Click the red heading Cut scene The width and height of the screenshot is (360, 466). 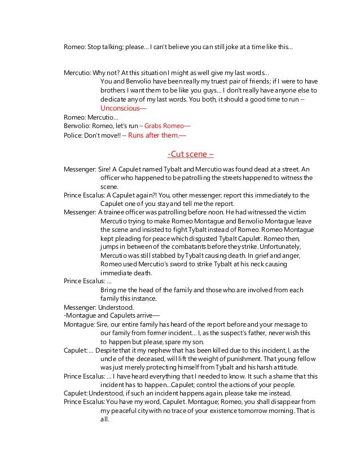point(191,155)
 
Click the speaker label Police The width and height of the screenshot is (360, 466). point(73,134)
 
